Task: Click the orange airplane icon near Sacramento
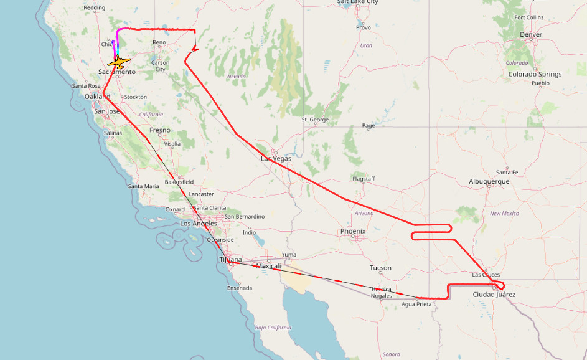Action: point(118,62)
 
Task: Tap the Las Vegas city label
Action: point(276,159)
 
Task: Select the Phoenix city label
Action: point(353,231)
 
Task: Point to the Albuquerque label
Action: point(489,181)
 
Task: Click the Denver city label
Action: point(530,34)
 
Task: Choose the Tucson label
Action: point(380,268)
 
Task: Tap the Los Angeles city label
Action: point(199,223)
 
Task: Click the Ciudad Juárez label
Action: point(494,295)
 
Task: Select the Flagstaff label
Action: point(364,179)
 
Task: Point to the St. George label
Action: point(315,119)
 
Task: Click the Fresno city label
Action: point(159,130)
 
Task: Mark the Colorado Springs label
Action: point(535,74)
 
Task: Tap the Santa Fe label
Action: point(507,172)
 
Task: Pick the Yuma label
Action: point(289,254)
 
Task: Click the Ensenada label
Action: point(240,288)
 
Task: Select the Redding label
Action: point(95,7)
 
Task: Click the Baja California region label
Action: point(273,327)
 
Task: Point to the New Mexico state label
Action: point(504,213)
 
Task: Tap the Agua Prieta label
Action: point(416,304)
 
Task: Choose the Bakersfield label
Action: point(179,182)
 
